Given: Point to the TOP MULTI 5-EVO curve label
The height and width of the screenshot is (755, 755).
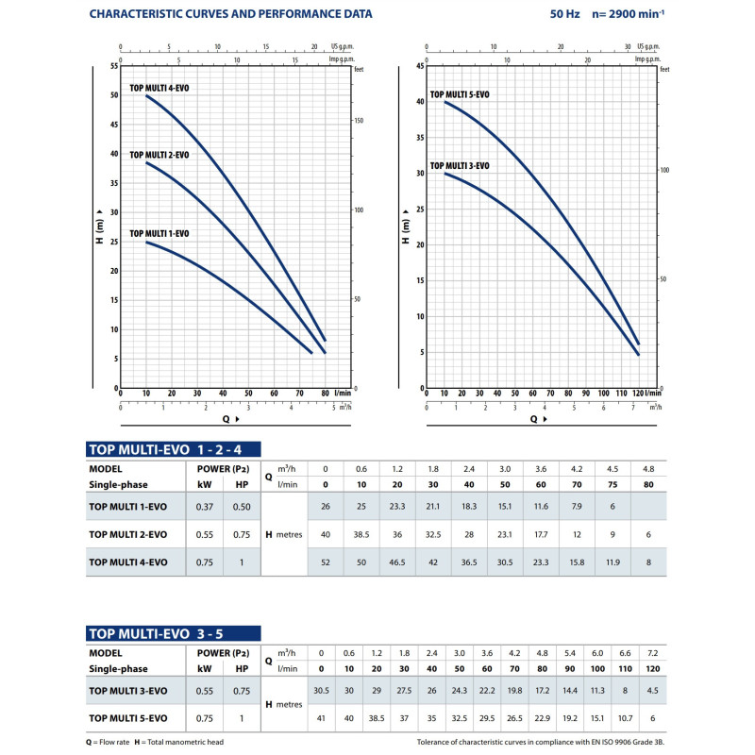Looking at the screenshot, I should [x=460, y=94].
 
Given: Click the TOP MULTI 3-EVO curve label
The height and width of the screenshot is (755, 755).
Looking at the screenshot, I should [x=460, y=166].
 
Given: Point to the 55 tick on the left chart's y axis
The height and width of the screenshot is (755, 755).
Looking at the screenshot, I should [x=114, y=66].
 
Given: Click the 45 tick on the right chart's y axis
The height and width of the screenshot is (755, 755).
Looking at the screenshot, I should [x=420, y=66].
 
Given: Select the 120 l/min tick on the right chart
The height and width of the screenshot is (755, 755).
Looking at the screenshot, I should [x=638, y=393].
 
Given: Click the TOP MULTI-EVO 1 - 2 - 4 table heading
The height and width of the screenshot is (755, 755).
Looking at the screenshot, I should [x=172, y=450].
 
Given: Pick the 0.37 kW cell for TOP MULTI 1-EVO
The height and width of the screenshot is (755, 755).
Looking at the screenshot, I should [x=203, y=507].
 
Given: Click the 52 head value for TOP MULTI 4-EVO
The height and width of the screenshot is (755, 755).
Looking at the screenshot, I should [x=326, y=562].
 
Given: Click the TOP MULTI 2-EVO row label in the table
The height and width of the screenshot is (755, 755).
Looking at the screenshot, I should [x=128, y=534].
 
